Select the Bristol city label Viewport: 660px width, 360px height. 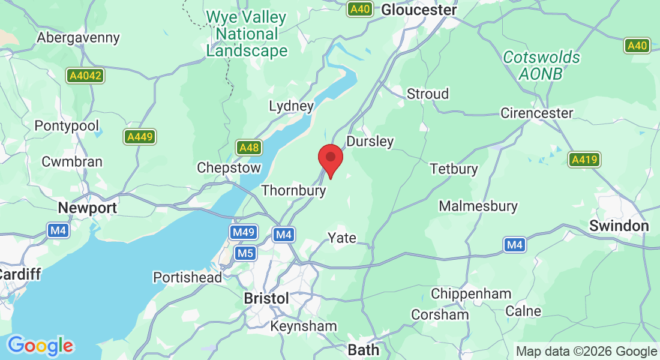[x=266, y=298]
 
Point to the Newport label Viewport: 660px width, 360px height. [x=87, y=208]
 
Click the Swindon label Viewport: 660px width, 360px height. [x=619, y=226]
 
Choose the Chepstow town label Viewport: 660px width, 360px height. [x=229, y=168]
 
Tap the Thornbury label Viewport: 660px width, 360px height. [x=293, y=191]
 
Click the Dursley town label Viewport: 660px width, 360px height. [x=370, y=142]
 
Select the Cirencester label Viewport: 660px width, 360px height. [x=536, y=113]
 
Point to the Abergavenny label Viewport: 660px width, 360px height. [x=78, y=37]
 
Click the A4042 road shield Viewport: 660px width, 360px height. [x=85, y=76]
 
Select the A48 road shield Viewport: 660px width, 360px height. [x=248, y=148]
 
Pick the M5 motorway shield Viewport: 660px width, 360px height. [x=245, y=253]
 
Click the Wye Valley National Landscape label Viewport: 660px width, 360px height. [x=247, y=34]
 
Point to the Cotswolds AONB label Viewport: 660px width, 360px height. [x=542, y=65]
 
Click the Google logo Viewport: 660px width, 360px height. [x=40, y=346]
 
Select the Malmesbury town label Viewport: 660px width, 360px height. [x=478, y=206]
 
